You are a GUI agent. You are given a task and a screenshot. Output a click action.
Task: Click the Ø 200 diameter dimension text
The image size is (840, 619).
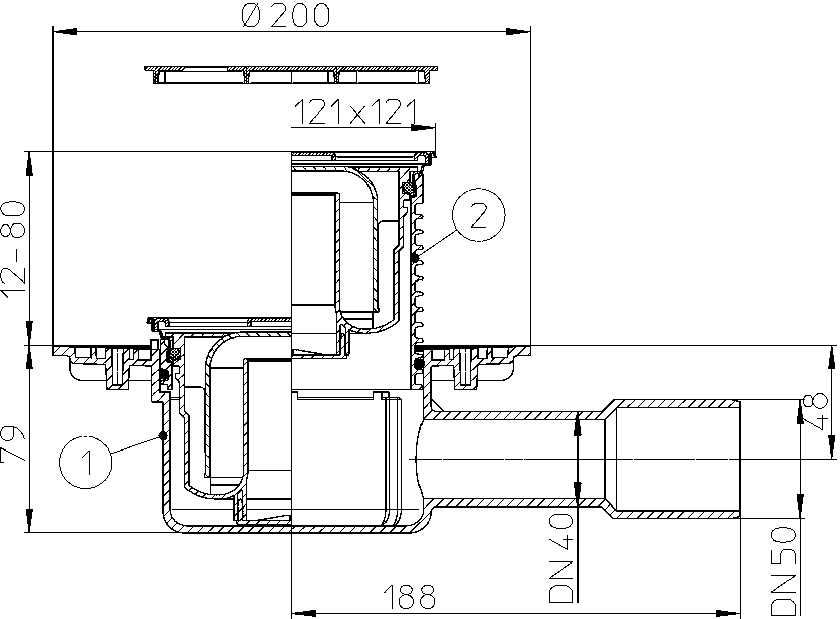pos(286,16)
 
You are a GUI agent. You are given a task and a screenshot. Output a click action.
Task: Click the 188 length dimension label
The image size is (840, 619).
pos(409,596)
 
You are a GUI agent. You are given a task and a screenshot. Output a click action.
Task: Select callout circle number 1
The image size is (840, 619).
pos(85,462)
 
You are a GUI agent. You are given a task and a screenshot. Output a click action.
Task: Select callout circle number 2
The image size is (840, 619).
pos(479,215)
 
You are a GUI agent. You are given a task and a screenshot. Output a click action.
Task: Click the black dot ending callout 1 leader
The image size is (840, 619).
pos(163,435)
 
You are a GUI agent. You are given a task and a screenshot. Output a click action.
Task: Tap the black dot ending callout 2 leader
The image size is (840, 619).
pos(415,258)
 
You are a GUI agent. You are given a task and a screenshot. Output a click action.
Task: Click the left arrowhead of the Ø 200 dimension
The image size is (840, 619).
pos(65,32)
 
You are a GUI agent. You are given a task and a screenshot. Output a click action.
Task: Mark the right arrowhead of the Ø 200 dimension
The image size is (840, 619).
pos(518,32)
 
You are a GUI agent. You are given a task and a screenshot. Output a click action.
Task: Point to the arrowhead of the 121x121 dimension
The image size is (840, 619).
pos(424,128)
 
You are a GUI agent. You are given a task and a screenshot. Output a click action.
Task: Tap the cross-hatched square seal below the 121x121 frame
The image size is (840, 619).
pos(408,187)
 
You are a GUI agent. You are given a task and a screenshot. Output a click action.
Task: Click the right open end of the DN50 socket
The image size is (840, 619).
pos(739,460)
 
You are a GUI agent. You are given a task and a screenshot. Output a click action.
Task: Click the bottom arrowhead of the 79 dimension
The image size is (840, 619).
pos(29,520)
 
